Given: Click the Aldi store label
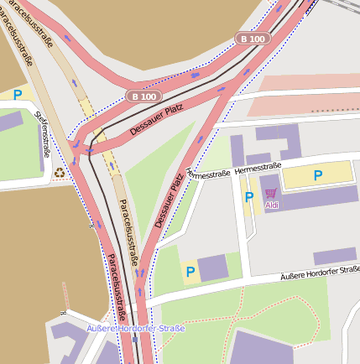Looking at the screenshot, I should (271, 205).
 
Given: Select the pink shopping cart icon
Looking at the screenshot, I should (271, 193).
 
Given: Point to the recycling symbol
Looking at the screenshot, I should (60, 174).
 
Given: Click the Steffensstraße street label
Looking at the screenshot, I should (42, 133).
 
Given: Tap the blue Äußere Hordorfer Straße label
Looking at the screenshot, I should (136, 328).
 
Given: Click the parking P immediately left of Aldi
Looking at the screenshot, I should (248, 197).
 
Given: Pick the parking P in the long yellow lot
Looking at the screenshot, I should (317, 175).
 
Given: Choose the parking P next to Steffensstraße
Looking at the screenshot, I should (17, 95).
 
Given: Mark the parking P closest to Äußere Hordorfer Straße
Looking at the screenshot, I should (190, 272).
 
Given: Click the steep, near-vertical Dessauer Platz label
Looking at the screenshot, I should (169, 201).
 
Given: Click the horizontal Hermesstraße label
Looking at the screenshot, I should (258, 168).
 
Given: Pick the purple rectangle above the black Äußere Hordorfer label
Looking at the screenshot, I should (335, 257).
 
